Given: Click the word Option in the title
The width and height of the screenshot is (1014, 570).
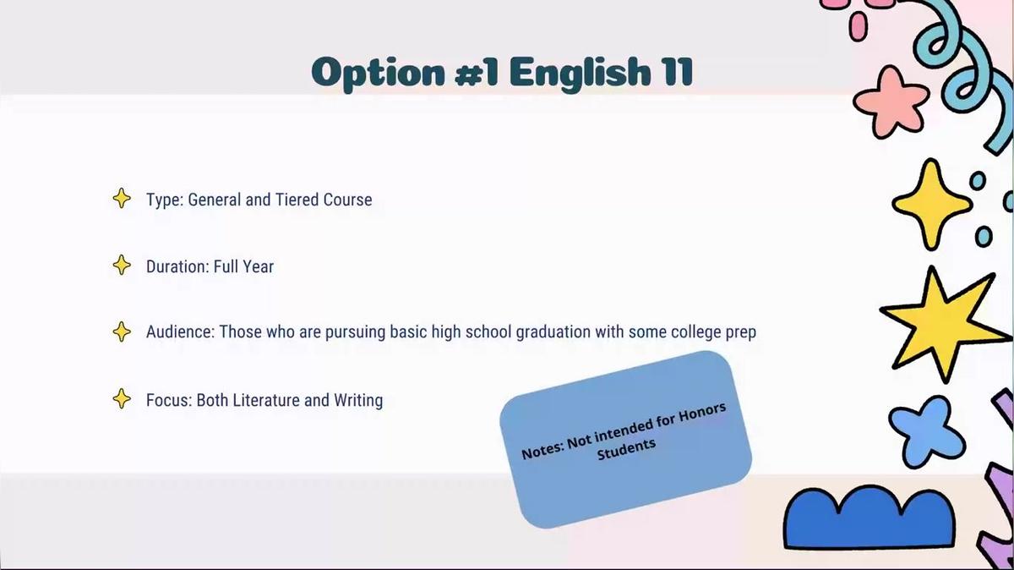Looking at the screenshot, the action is tap(379, 74).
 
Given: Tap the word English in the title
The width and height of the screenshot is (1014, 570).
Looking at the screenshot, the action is tap(580, 74).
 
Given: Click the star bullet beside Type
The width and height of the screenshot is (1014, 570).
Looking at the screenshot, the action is tap(122, 198).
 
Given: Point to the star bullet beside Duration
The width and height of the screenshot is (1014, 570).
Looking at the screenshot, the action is tap(122, 265).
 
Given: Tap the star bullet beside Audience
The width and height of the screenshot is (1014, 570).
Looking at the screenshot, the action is tap(122, 332).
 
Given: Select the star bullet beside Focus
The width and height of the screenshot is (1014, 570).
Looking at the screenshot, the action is tap(122, 398).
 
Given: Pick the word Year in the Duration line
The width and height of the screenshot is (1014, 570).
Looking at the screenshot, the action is tap(259, 266).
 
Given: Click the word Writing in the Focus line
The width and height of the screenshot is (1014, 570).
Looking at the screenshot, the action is tap(358, 401).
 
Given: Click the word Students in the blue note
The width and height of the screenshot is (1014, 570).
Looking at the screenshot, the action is tap(626, 449).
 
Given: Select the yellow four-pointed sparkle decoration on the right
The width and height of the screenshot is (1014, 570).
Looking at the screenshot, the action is tap(931, 204).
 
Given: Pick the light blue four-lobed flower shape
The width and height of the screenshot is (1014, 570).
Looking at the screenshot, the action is tap(926, 431).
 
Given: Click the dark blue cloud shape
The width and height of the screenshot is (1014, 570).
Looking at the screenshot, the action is tap(870, 518).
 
